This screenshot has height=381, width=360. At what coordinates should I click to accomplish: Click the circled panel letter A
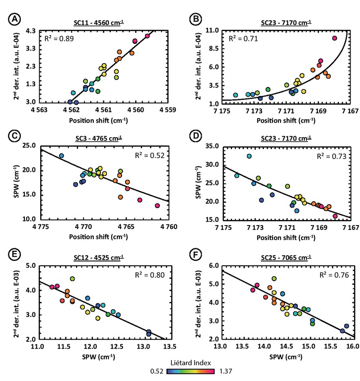(10, 21)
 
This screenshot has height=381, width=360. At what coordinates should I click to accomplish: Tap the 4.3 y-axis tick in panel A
(30, 31)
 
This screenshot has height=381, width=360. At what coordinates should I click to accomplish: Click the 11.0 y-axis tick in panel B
(211, 31)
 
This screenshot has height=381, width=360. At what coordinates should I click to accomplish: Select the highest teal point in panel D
(249, 156)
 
